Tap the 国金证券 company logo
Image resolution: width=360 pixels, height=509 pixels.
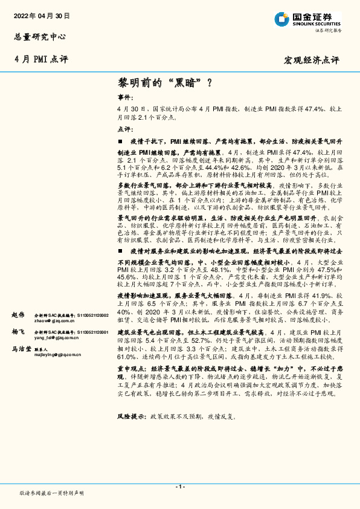[x=307, y=19]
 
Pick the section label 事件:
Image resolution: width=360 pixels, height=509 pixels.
[x=124, y=97]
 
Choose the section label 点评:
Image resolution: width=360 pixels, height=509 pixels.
[x=124, y=129]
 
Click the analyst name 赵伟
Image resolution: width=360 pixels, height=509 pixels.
[x=18, y=315]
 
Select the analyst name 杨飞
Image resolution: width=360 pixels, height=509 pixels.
[x=18, y=332]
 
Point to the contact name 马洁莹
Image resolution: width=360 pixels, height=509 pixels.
[x=21, y=349]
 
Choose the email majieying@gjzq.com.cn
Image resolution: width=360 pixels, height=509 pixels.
[x=57, y=354]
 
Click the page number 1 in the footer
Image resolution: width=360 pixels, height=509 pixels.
[x=180, y=487]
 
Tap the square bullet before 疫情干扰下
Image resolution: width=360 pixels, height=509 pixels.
[x=120, y=140]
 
